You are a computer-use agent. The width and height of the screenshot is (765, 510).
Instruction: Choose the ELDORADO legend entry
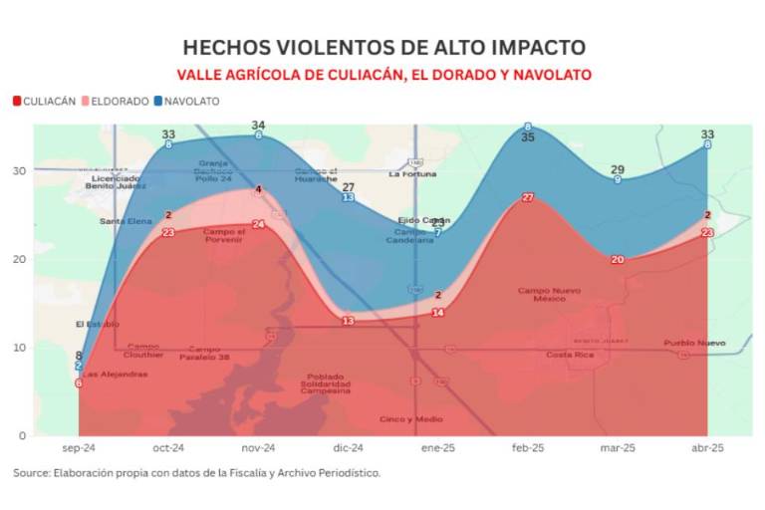(116, 101)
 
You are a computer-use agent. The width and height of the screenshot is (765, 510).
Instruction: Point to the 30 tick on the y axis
(19, 170)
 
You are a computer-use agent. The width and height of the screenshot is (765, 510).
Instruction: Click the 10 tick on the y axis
(19, 348)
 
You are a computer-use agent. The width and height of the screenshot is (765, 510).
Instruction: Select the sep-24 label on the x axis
(79, 448)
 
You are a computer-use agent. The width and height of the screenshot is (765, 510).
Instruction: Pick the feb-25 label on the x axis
(528, 448)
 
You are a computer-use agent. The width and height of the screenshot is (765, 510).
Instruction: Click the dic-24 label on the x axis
(348, 448)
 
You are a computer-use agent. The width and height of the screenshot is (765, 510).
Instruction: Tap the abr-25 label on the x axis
(707, 448)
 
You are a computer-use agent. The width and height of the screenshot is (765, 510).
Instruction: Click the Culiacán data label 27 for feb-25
(528, 197)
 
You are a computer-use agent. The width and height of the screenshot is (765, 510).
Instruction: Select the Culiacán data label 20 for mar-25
(618, 260)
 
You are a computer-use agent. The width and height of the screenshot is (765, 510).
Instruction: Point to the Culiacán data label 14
(437, 313)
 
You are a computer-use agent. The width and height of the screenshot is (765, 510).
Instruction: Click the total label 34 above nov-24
(258, 126)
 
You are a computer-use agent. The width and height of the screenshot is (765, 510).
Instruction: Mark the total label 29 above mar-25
(618, 169)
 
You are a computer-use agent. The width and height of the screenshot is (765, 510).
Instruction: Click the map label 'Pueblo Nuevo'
(694, 343)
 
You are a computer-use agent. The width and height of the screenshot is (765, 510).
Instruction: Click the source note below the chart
(197, 473)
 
